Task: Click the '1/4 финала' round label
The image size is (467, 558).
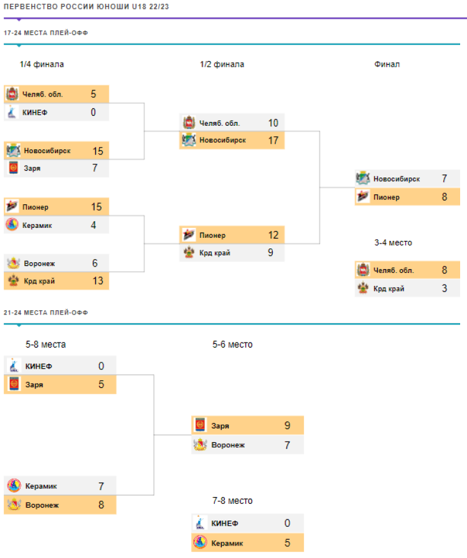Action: (x=42, y=64)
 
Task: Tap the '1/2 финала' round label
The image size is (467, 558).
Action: (x=222, y=64)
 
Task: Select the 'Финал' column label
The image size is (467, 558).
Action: (x=387, y=64)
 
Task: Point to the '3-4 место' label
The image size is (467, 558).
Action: (x=393, y=242)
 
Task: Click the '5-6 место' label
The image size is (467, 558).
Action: (x=232, y=344)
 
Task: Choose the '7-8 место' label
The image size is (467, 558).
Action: (x=232, y=501)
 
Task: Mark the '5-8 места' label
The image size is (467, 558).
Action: (x=45, y=344)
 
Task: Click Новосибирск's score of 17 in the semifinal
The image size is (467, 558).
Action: (x=273, y=140)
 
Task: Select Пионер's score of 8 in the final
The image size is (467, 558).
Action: (x=445, y=197)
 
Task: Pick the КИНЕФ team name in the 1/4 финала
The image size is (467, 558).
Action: (x=35, y=113)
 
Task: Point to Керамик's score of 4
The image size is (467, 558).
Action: (x=93, y=225)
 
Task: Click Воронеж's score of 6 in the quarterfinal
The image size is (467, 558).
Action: (x=95, y=263)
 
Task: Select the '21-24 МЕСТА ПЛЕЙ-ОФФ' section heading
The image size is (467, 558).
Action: (x=45, y=312)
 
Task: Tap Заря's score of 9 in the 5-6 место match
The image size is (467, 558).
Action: (x=287, y=426)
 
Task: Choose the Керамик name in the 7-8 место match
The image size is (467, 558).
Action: (x=227, y=543)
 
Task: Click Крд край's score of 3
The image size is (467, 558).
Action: (x=445, y=288)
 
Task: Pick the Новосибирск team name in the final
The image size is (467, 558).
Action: (x=397, y=179)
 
